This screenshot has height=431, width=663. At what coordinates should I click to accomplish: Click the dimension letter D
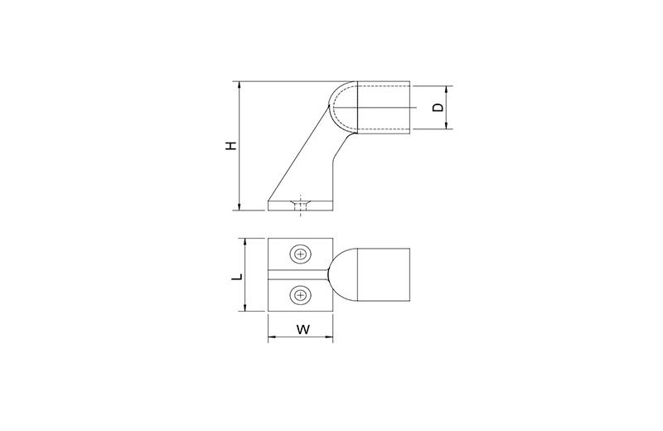point(439,108)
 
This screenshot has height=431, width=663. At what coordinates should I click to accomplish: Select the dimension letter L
point(238,277)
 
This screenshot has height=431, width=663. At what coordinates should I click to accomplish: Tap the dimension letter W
point(302,330)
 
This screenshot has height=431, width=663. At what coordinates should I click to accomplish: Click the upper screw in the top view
point(301,254)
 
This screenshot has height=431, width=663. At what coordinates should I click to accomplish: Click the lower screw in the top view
point(301,295)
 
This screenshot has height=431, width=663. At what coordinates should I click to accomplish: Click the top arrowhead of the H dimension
point(240,85)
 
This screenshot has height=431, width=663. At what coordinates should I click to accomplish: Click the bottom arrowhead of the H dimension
point(240,206)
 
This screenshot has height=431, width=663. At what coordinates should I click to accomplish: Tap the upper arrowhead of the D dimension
point(447,90)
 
